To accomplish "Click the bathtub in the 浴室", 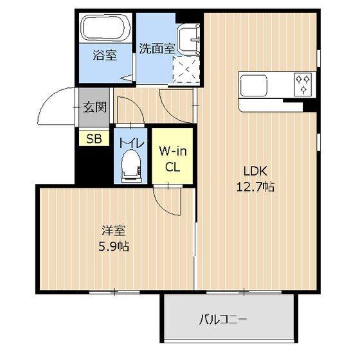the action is pyautogui.click(x=106, y=28).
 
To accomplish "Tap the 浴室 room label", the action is pyautogui.click(x=105, y=55).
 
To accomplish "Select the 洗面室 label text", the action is pyautogui.click(x=157, y=49).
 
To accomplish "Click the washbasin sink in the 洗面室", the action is pyautogui.click(x=188, y=39).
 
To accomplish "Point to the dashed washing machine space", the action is pyautogui.click(x=186, y=69).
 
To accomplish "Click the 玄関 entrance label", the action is pyautogui.click(x=94, y=107).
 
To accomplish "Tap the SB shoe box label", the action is pyautogui.click(x=94, y=138).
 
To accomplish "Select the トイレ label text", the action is pyautogui.click(x=131, y=143).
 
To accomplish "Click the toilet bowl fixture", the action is pyautogui.click(x=131, y=166).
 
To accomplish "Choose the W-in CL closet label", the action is pyautogui.click(x=173, y=159).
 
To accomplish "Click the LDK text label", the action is pyautogui.click(x=255, y=171).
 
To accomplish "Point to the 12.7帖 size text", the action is pyautogui.click(x=255, y=187).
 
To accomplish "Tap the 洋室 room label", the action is pyautogui.click(x=114, y=231).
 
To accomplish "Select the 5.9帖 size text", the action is pyautogui.click(x=114, y=247).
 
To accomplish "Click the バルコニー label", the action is pyautogui.click(x=223, y=319).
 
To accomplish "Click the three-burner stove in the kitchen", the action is pyautogui.click(x=303, y=84).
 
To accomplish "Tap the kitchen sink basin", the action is pyautogui.click(x=254, y=85).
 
